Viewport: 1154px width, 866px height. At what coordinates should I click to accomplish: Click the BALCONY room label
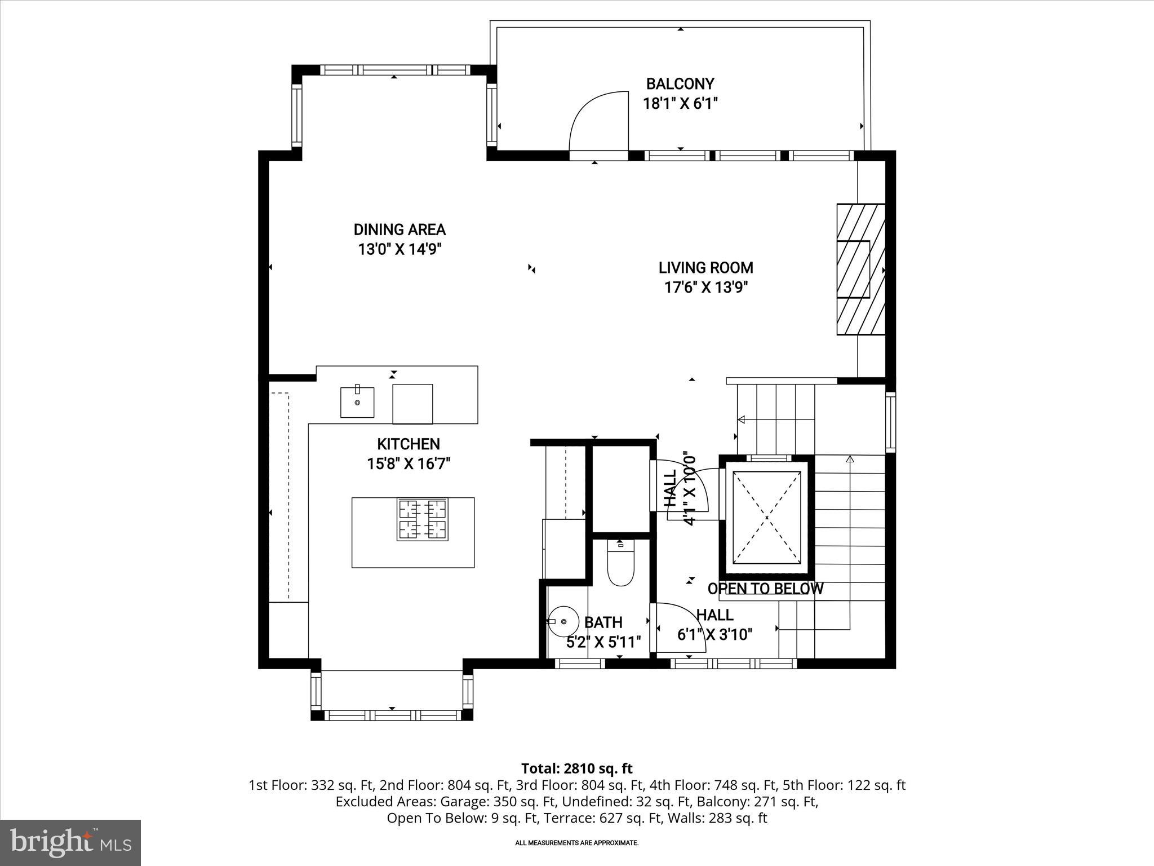(680, 84)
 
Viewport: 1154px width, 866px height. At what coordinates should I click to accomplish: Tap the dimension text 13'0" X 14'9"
(399, 249)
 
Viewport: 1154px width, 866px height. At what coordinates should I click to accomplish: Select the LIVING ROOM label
(705, 268)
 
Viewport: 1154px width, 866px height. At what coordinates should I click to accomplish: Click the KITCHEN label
(408, 444)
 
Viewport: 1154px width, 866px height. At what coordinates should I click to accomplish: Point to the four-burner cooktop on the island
(422, 519)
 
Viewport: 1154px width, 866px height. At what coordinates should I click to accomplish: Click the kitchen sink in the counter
(357, 402)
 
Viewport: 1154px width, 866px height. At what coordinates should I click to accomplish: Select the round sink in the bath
(563, 621)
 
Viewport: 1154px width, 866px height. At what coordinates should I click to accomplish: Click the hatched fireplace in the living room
(860, 269)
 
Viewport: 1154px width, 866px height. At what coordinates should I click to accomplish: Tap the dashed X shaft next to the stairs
(766, 517)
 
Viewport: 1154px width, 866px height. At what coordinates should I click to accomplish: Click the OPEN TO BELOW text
(765, 589)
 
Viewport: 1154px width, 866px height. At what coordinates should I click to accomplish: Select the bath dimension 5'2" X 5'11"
(603, 642)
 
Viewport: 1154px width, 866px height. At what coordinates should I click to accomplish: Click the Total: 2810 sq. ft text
(576, 768)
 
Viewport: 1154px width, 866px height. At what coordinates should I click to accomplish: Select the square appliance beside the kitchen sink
(412, 404)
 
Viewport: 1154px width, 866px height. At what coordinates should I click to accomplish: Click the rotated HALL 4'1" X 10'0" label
(680, 488)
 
